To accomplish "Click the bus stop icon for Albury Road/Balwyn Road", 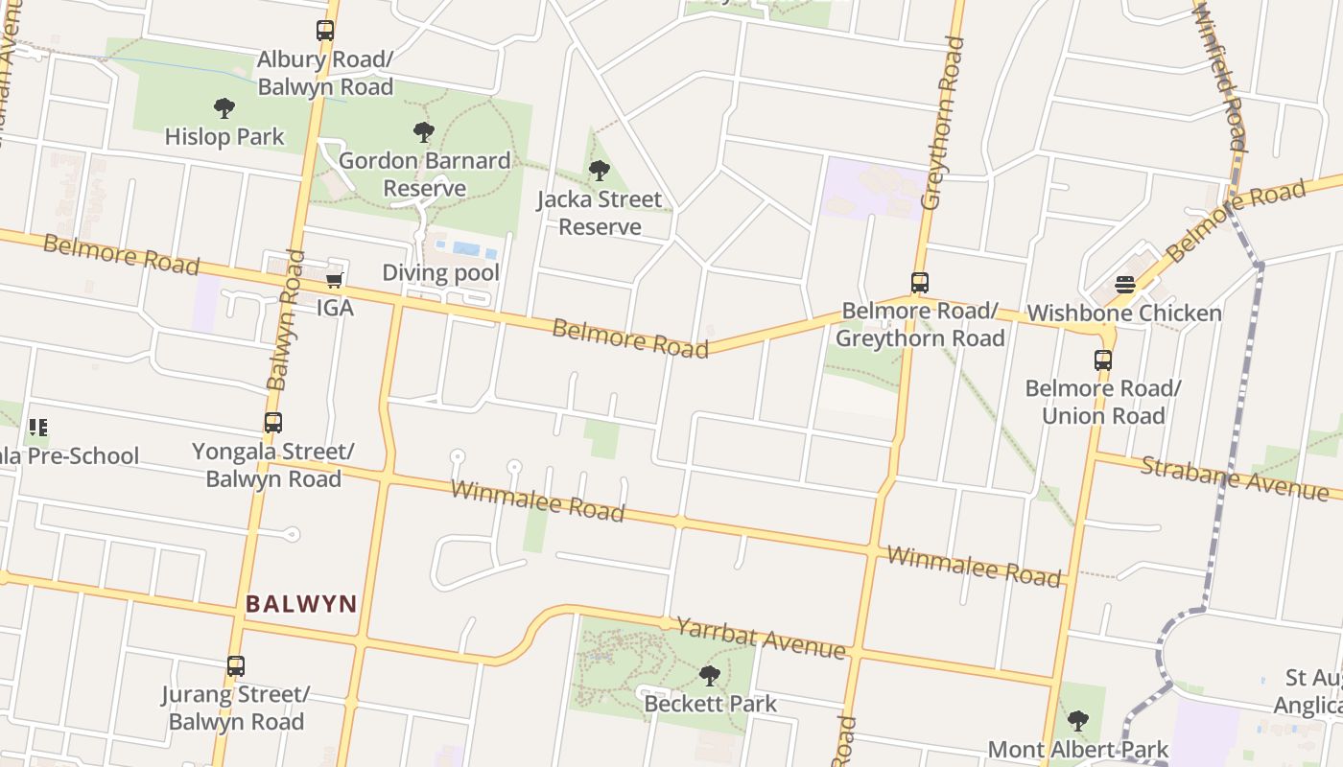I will click(x=325, y=31).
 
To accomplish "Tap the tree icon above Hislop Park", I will click(x=224, y=108).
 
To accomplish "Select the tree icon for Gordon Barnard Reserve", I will click(x=423, y=132).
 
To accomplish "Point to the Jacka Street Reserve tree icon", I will click(x=600, y=172).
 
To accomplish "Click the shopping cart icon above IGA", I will click(x=335, y=280).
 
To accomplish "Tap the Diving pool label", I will click(x=440, y=273).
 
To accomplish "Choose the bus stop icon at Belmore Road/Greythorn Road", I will click(x=920, y=283).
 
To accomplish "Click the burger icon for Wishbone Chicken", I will click(x=1125, y=285).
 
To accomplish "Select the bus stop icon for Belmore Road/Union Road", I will click(x=1103, y=360).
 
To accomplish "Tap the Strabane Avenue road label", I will click(x=1234, y=476).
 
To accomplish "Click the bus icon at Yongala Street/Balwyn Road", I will click(x=273, y=423).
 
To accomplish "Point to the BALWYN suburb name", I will click(x=301, y=604).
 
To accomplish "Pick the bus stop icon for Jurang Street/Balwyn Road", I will click(x=236, y=666).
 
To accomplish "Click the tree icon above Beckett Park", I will click(x=710, y=676).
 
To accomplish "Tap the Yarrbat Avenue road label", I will click(x=761, y=638).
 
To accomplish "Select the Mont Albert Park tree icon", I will click(x=1078, y=721).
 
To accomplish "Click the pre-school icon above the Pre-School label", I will click(x=38, y=427).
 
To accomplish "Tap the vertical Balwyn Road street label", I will click(x=286, y=320).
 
